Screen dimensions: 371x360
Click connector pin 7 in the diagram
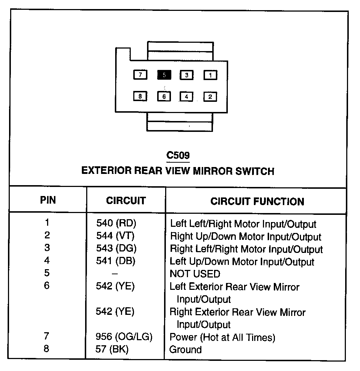(140, 75)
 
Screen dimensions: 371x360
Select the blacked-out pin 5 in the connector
(164, 75)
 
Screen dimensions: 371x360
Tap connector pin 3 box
(187, 75)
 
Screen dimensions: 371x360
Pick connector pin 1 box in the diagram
(210, 75)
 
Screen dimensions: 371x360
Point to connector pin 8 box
(140, 96)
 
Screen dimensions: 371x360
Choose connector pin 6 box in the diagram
(164, 97)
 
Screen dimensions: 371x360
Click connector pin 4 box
(187, 97)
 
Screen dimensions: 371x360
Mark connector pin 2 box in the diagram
(210, 97)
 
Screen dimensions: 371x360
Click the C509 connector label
(178, 156)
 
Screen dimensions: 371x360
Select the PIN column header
(48, 200)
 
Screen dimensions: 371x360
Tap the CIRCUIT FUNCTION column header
(257, 201)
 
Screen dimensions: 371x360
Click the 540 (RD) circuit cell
(116, 224)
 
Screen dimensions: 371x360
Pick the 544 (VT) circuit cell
(115, 236)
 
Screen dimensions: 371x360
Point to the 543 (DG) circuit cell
(116, 249)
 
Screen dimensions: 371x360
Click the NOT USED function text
(194, 274)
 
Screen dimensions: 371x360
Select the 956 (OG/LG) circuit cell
(124, 337)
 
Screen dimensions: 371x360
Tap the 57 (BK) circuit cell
(112, 350)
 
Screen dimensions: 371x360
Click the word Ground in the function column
(185, 350)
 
